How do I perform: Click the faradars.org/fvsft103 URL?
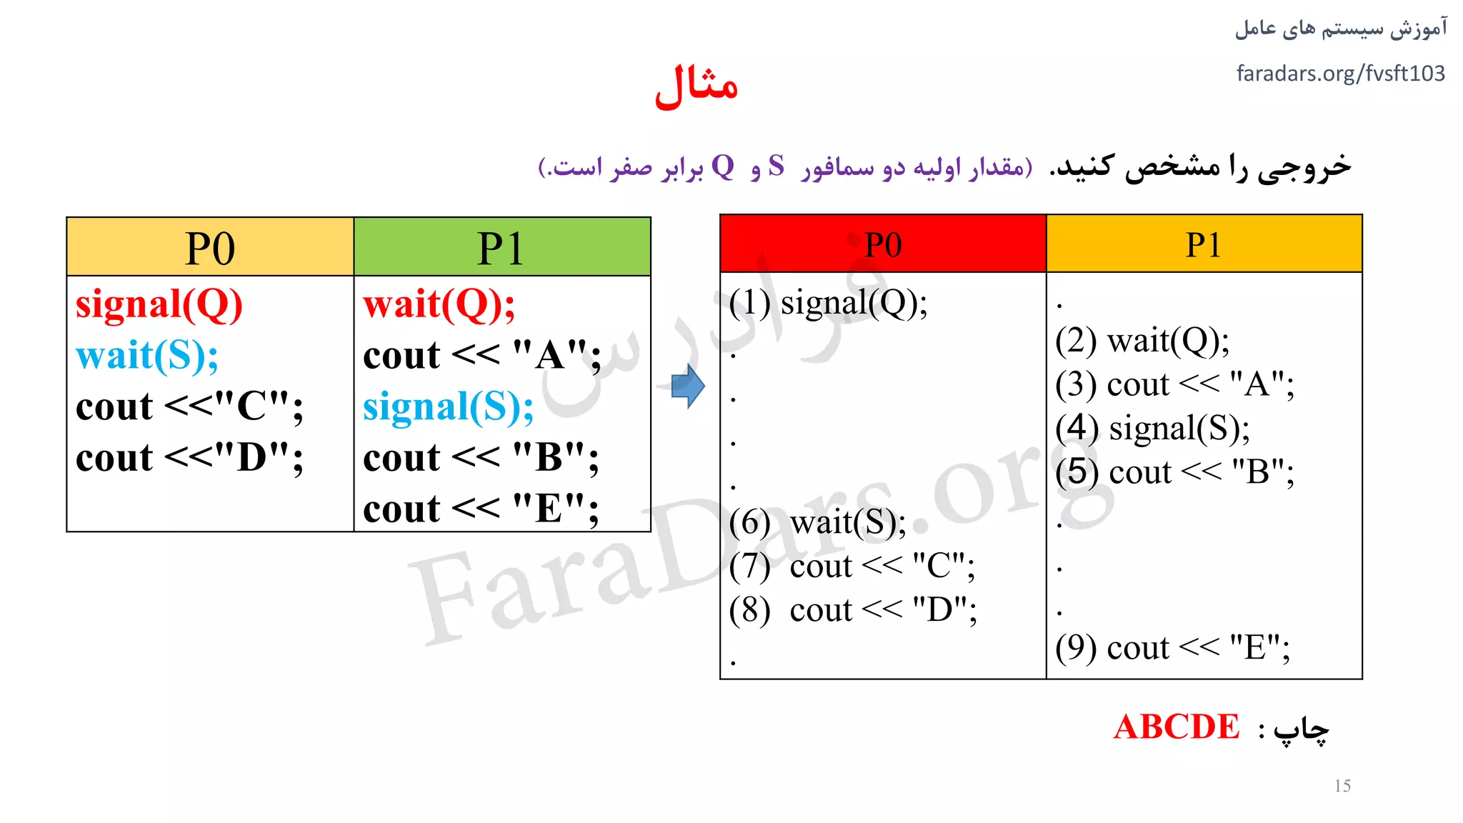(1340, 74)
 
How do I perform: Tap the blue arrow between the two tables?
(688, 386)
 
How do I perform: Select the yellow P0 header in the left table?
(210, 248)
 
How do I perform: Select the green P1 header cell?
(501, 248)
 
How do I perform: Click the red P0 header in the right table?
(883, 244)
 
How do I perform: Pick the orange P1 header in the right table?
(1204, 244)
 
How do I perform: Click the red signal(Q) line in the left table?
(159, 304)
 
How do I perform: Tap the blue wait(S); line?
(147, 356)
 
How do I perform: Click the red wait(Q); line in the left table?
(439, 304)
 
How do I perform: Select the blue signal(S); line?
(448, 407)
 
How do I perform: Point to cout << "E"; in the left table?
(481, 509)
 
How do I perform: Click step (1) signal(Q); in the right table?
(828, 303)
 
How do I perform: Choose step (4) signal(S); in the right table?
(1152, 429)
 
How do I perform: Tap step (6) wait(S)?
(817, 523)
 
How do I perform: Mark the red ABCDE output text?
(1177, 727)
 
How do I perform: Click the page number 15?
(1342, 786)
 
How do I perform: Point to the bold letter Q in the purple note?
(723, 166)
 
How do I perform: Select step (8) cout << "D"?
(853, 610)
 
